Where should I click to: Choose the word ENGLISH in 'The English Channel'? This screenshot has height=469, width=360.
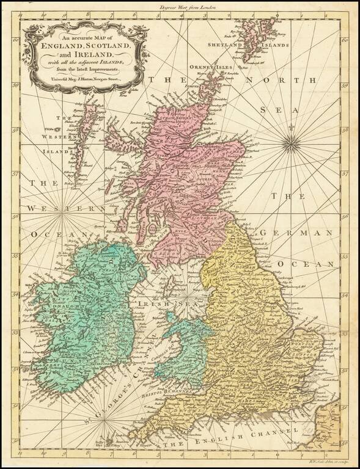[246, 437]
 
